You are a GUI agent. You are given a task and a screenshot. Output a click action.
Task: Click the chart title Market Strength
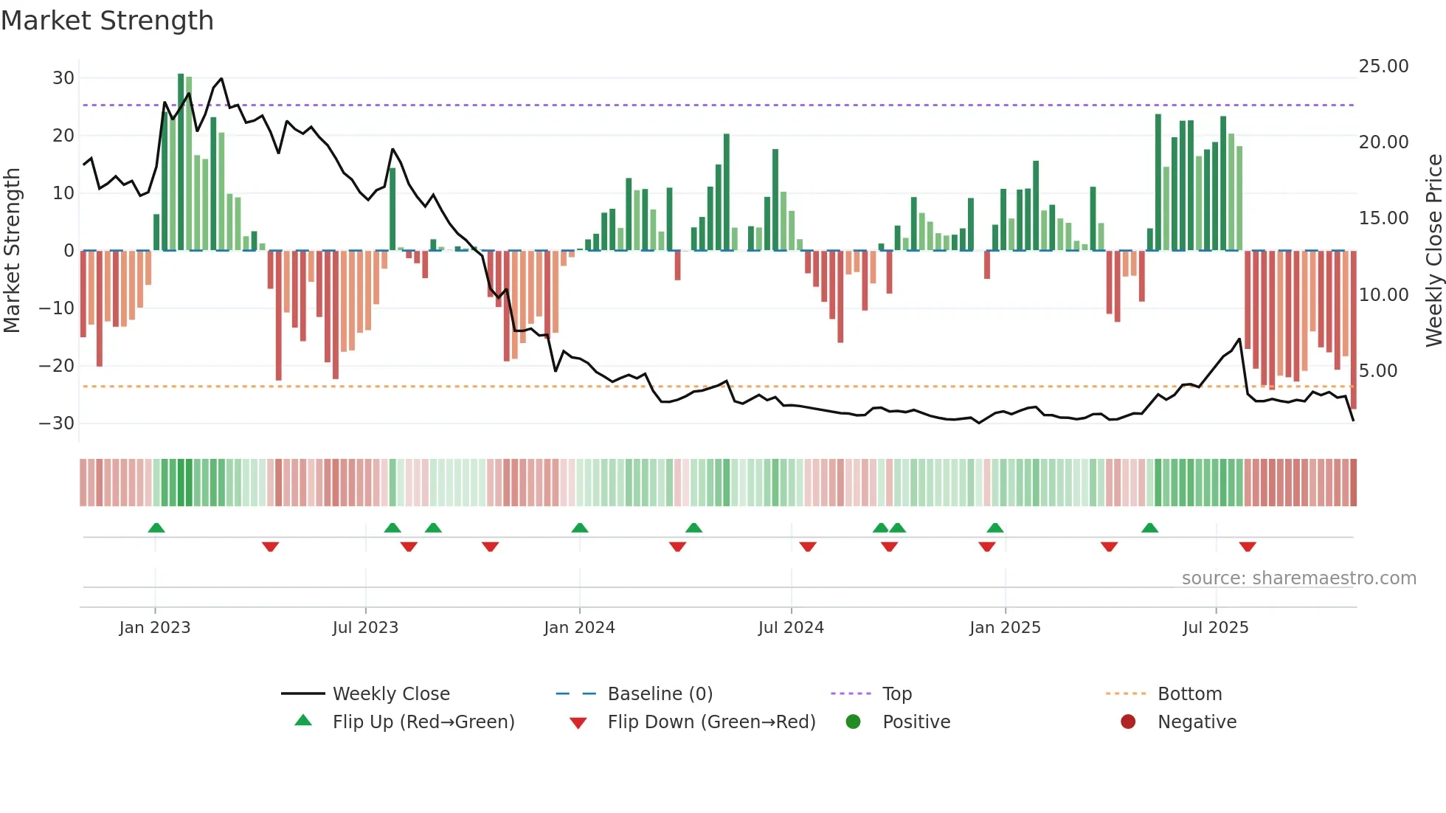pyautogui.click(x=107, y=21)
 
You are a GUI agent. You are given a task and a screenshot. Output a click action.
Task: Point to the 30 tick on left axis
pyautogui.click(x=63, y=78)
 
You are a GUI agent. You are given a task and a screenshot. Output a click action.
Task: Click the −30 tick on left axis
pyautogui.click(x=57, y=423)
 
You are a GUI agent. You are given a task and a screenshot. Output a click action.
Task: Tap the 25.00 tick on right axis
pyautogui.click(x=1383, y=66)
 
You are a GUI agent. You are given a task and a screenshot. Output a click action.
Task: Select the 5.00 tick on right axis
pyautogui.click(x=1378, y=371)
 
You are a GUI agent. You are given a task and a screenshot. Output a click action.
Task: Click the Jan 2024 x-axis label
pyautogui.click(x=579, y=628)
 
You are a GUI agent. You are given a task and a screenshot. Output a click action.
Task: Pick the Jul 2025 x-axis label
pyautogui.click(x=1215, y=628)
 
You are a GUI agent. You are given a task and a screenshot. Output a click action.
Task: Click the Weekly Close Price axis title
pyautogui.click(x=1433, y=251)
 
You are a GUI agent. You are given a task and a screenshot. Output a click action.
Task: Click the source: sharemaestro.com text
pyautogui.click(x=1298, y=578)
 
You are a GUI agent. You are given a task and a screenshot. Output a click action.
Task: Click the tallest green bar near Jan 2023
pyautogui.click(x=181, y=162)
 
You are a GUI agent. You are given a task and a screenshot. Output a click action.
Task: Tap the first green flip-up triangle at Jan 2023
pyautogui.click(x=156, y=527)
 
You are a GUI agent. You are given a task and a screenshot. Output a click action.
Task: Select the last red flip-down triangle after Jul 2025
pyautogui.click(x=1248, y=547)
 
